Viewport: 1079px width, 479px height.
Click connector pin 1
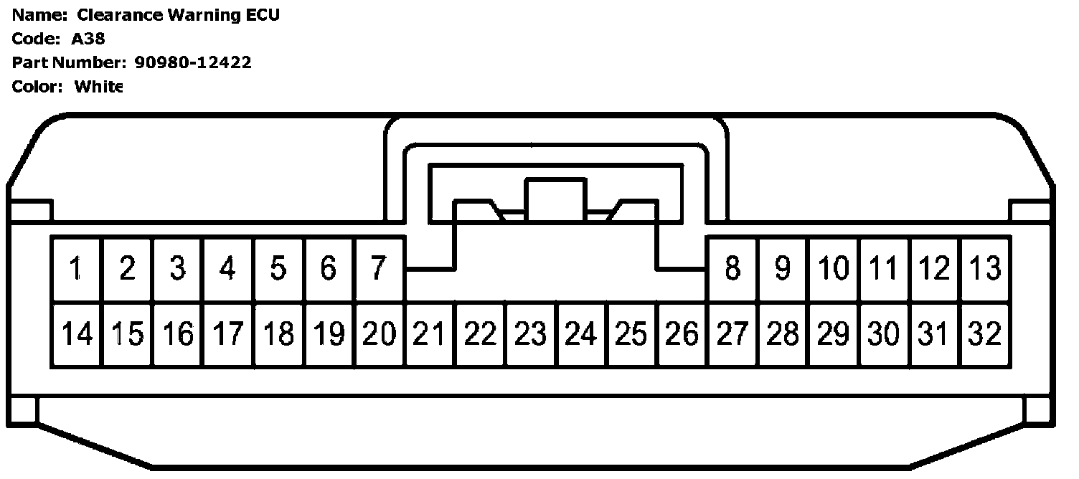(76, 269)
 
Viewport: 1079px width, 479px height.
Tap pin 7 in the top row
(379, 269)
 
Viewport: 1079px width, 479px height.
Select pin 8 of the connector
(732, 269)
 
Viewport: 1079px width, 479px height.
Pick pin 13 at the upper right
(984, 269)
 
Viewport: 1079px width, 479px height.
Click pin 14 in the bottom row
(76, 334)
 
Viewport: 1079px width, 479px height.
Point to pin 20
(379, 334)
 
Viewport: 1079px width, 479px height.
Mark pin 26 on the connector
(682, 334)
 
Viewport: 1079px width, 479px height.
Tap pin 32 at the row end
(984, 334)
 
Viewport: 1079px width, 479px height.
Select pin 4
(227, 269)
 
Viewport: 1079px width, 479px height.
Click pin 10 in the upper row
(833, 269)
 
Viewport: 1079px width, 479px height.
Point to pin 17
(227, 334)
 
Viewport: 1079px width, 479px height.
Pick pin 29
(833, 334)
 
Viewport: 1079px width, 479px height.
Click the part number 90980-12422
(193, 62)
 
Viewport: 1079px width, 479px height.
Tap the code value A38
(88, 39)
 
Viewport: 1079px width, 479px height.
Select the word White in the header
(98, 87)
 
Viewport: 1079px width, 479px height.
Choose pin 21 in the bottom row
(429, 334)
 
